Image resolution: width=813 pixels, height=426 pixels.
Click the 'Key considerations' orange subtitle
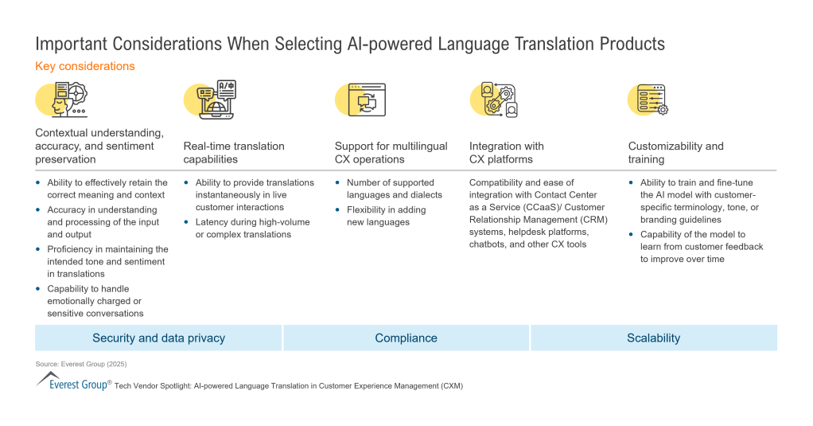[85, 66]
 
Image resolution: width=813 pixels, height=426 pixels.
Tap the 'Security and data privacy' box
[158, 338]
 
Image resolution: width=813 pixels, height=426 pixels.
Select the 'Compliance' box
[406, 338]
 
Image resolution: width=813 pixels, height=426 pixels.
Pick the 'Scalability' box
[653, 338]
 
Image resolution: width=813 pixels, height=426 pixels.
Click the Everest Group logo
[72, 381]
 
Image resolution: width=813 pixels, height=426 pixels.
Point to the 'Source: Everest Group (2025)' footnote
[81, 364]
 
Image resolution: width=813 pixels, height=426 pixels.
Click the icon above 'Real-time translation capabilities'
[211, 100]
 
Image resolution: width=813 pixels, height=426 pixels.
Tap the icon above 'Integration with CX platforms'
[494, 100]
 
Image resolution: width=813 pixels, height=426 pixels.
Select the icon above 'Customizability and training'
[648, 100]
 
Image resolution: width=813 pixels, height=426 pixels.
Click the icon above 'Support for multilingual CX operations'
[361, 100]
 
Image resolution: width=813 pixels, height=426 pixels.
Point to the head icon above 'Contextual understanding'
[62, 100]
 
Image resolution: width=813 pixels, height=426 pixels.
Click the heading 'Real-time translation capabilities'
[234, 153]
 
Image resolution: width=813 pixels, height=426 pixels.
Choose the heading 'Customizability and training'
[676, 153]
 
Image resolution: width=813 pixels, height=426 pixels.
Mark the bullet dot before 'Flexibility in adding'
[337, 209]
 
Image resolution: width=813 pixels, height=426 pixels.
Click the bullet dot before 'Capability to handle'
[38, 288]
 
